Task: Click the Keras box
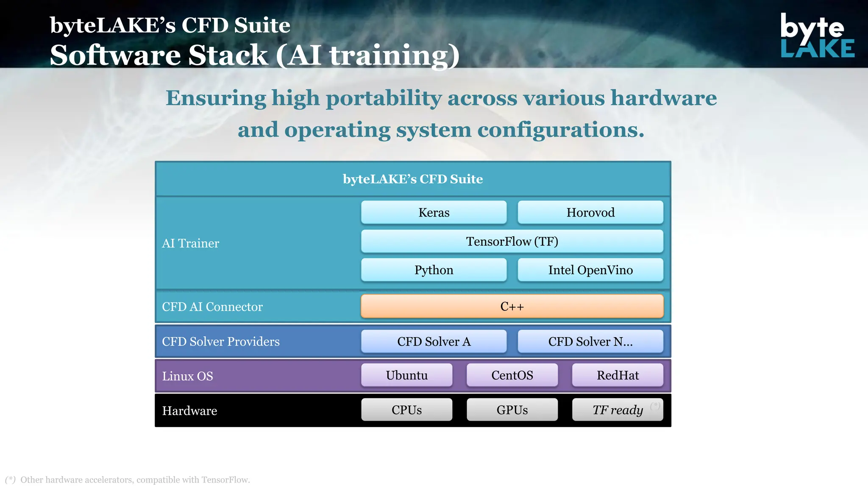[x=434, y=212]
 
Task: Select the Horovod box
[x=590, y=212]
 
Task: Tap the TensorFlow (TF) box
[x=512, y=241]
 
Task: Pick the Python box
[x=434, y=270]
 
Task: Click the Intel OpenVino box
[x=590, y=270]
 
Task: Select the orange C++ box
[x=512, y=306]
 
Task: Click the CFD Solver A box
[x=434, y=341]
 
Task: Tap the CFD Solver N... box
[x=590, y=341]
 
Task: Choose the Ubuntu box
[x=406, y=375]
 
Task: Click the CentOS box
[x=512, y=375]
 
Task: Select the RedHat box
[x=618, y=375]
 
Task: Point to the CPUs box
[x=406, y=410]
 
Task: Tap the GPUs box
[x=512, y=410]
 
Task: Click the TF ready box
[x=618, y=410]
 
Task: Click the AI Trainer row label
[x=191, y=243]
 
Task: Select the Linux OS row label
[x=187, y=376]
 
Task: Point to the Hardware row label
[x=189, y=411]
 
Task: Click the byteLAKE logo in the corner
[x=817, y=36]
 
